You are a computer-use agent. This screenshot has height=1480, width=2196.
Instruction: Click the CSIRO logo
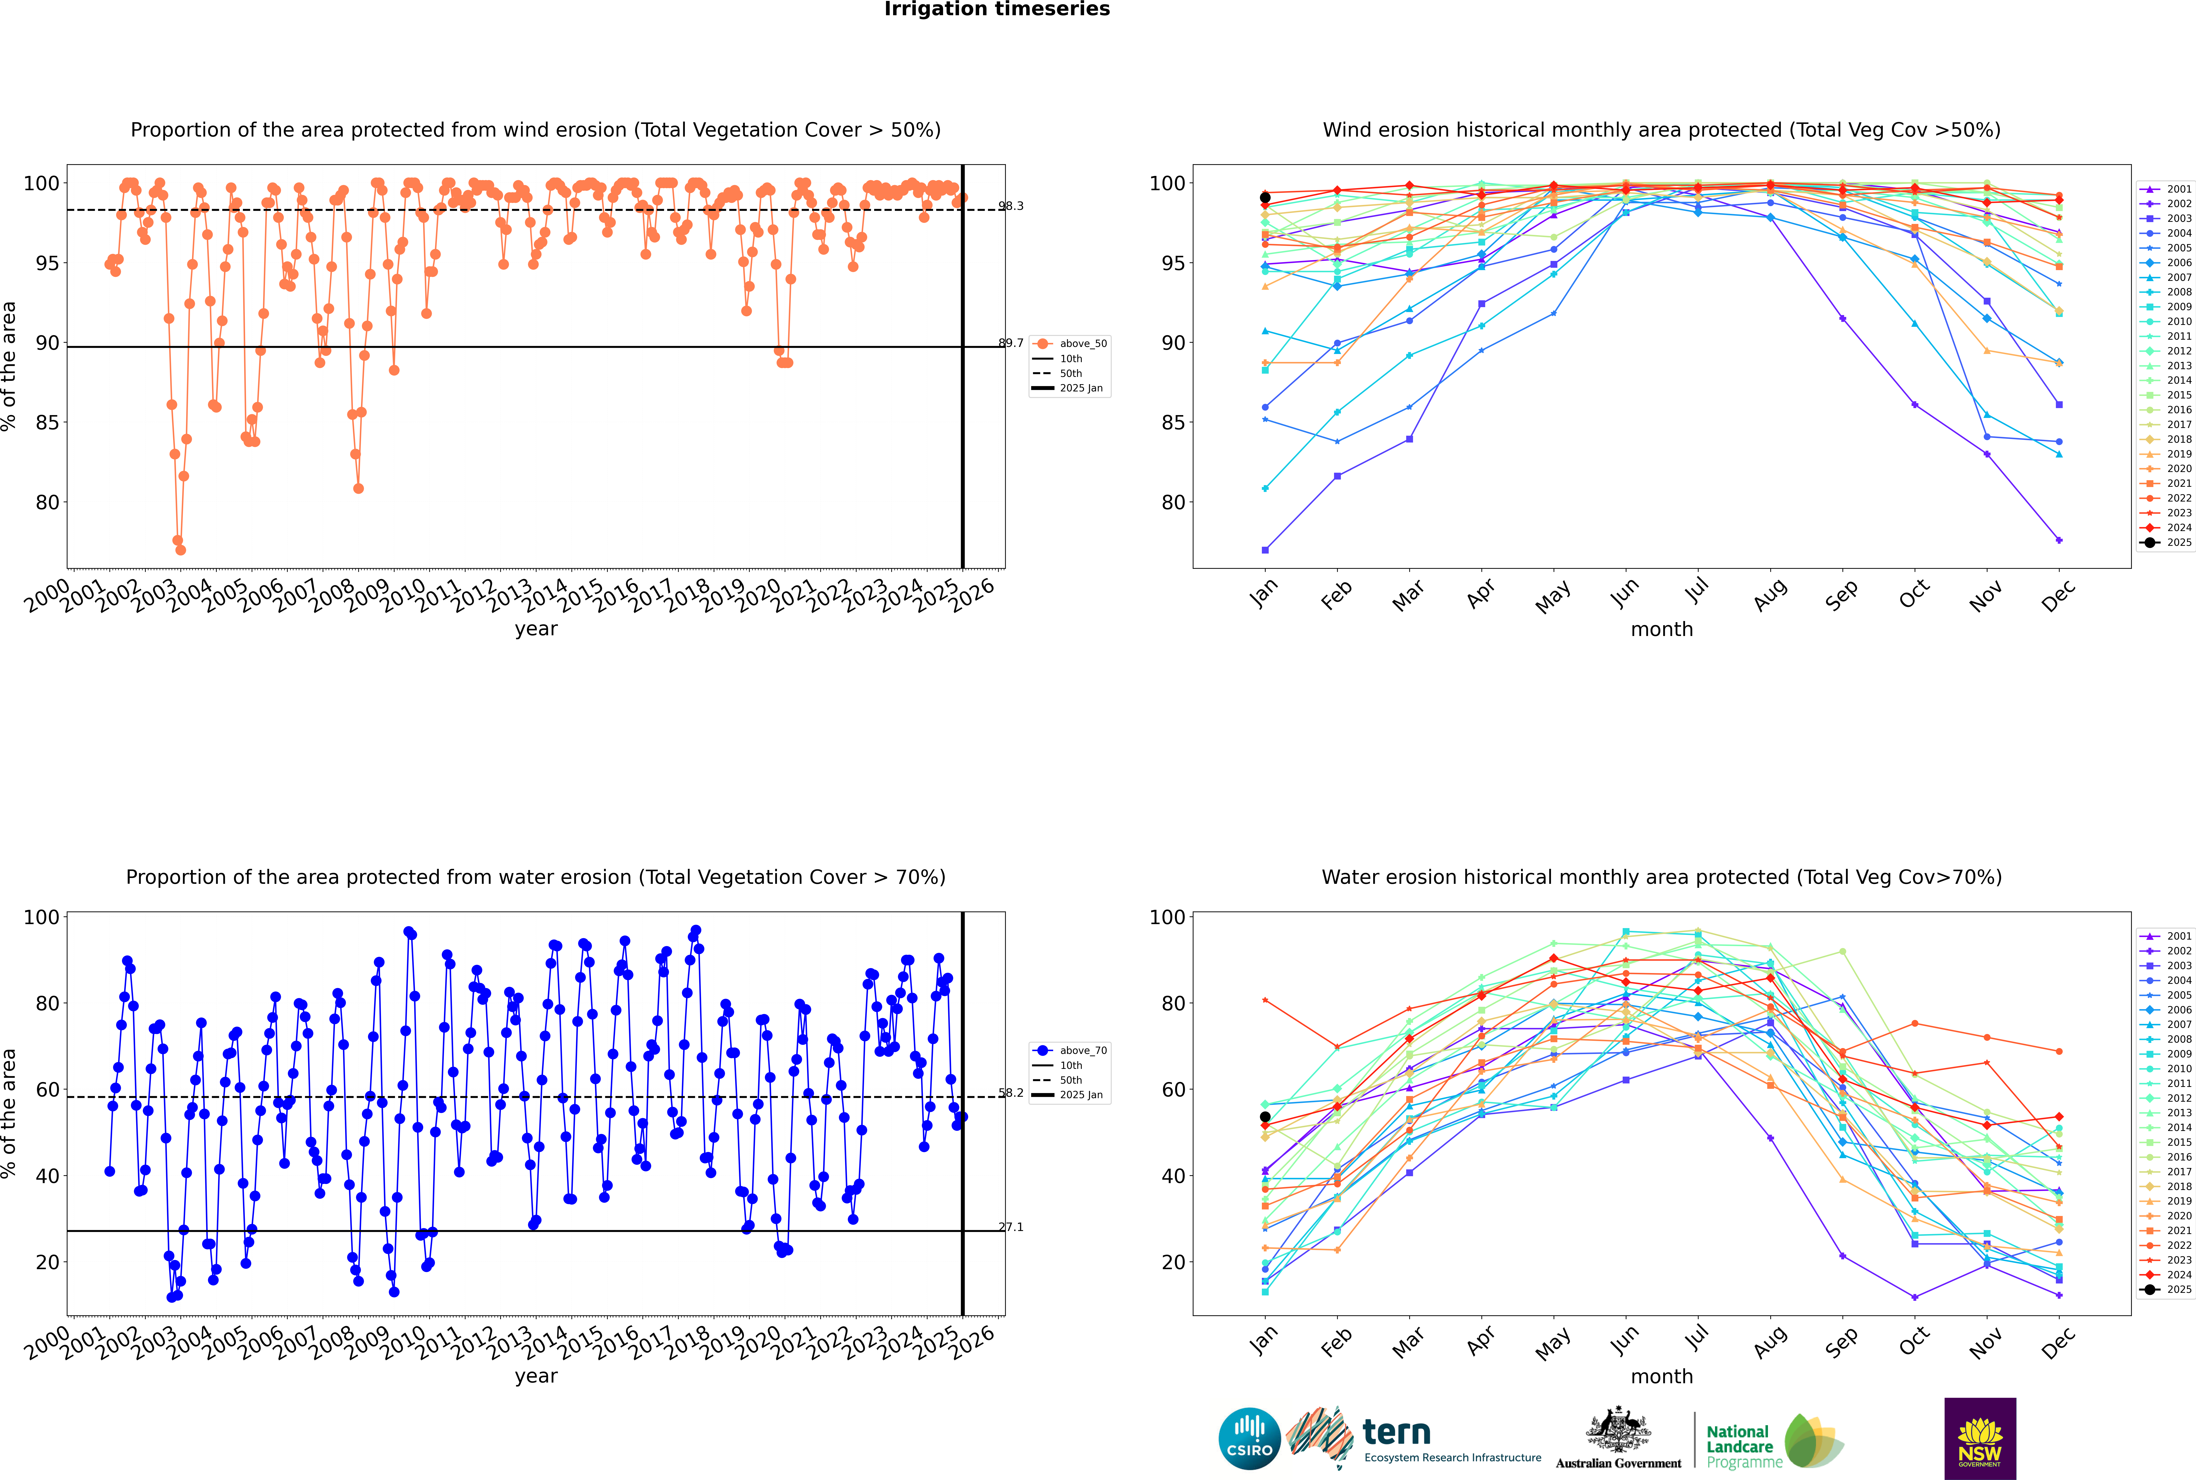click(x=1249, y=1439)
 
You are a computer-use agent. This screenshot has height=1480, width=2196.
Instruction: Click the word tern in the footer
click(x=1396, y=1433)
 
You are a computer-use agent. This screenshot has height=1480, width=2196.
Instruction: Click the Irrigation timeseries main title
click(x=997, y=9)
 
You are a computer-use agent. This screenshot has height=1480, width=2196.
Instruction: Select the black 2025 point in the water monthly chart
click(x=1265, y=1117)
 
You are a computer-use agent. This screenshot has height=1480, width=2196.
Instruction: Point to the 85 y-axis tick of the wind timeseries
click(x=47, y=423)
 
